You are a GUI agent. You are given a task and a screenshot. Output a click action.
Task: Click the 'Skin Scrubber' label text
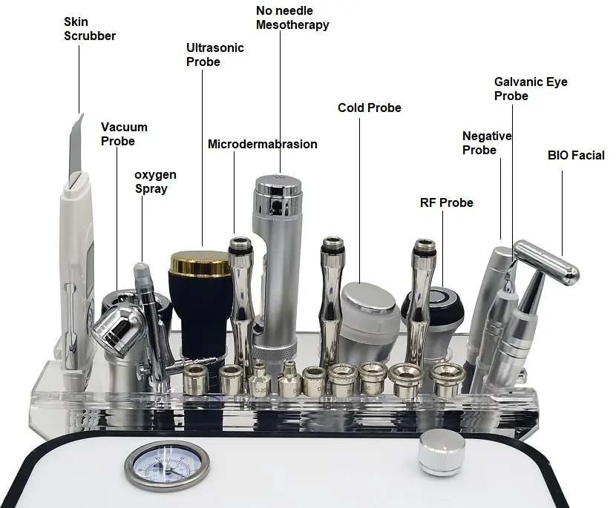(x=90, y=29)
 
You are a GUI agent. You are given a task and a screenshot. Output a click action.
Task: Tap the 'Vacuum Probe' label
(x=124, y=134)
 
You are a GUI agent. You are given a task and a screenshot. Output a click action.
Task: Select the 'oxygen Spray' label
(x=155, y=182)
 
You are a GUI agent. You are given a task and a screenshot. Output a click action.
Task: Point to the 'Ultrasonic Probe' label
(x=215, y=55)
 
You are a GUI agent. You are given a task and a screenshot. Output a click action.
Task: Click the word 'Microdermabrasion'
(x=263, y=144)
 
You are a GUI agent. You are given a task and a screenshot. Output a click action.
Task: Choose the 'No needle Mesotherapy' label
(x=292, y=18)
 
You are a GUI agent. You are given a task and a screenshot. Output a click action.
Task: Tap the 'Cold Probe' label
(x=370, y=108)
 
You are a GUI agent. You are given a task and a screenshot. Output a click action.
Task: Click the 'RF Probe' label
(x=446, y=202)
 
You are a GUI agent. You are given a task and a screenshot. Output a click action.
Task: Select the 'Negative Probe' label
(x=487, y=143)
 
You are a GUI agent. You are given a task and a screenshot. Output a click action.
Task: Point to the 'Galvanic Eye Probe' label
(x=531, y=89)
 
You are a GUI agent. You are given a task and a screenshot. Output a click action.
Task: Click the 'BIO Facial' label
(x=576, y=155)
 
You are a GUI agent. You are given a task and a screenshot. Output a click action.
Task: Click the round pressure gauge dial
(x=167, y=466)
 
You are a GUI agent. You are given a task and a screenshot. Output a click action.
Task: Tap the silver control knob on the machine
(x=441, y=452)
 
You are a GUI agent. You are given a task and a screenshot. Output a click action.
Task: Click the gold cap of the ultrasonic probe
(x=200, y=263)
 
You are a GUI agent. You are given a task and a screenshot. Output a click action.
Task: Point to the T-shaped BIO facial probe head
(x=546, y=263)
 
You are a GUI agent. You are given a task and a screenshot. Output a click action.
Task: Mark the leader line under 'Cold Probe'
(x=359, y=200)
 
